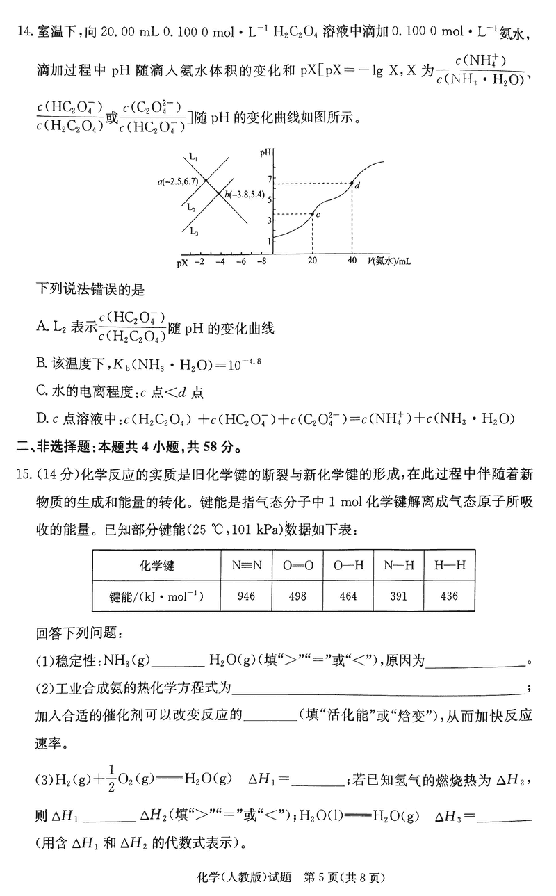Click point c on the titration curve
tap(312, 213)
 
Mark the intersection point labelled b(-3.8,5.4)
tap(219, 194)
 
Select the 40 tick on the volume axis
tap(352, 261)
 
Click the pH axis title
tap(265, 152)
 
